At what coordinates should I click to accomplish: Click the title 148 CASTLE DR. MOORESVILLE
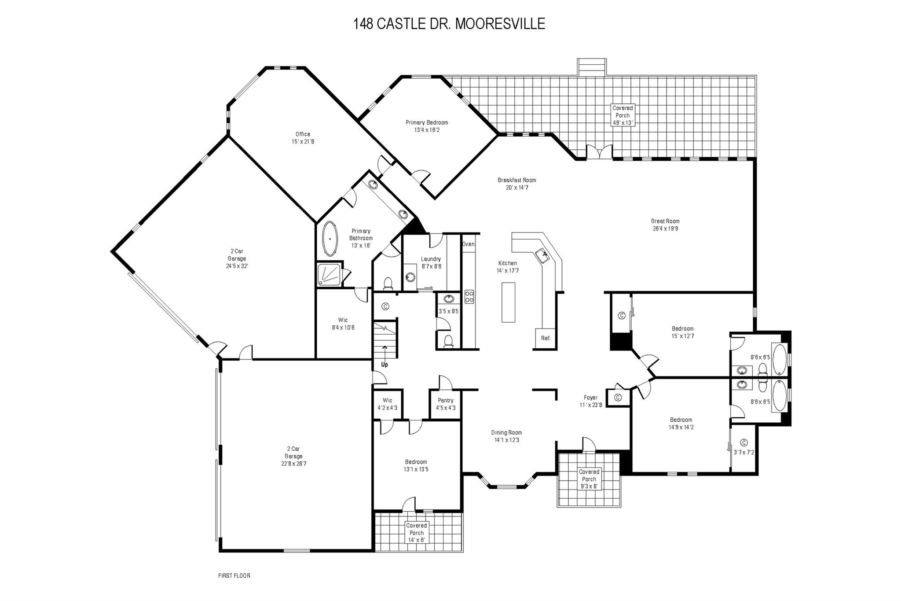coord(449,24)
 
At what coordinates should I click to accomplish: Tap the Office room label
coord(303,134)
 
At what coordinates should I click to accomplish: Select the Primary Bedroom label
coord(427,122)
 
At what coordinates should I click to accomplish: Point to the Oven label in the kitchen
coord(468,244)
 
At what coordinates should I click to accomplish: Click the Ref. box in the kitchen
coord(546,338)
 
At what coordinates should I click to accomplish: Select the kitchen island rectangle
coord(508,302)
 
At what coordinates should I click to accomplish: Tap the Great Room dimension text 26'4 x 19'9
coord(665,229)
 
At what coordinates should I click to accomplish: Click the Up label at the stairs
coord(385,365)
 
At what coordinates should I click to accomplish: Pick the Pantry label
coord(445,400)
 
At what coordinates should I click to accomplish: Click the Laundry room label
coord(431,259)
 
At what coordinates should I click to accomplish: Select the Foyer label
coord(590,397)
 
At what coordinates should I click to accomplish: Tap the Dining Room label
coord(506,432)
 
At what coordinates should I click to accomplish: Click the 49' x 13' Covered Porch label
coord(623,123)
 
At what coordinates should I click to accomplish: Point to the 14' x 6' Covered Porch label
coord(416,540)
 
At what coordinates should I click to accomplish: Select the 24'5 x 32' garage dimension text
coord(237,266)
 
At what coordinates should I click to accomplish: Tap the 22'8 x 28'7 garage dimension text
coord(293,464)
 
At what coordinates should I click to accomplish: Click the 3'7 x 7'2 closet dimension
coord(744,452)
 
